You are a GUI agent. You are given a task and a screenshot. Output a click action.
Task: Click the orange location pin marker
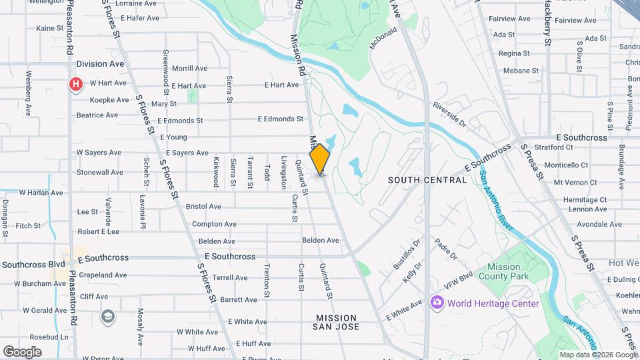[320, 159]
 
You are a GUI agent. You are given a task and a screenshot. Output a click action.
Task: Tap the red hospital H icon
[77, 84]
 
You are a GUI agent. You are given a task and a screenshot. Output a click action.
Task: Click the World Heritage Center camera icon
[437, 303]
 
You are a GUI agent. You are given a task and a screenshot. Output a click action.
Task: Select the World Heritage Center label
[493, 303]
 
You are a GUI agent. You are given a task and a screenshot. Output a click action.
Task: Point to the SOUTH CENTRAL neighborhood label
[427, 180]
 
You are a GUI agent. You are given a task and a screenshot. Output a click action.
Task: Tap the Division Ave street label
[100, 64]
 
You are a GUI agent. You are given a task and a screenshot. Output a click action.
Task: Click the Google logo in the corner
[22, 352]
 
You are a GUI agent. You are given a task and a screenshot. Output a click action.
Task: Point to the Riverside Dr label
[449, 114]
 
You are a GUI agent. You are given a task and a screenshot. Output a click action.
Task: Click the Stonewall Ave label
[100, 172]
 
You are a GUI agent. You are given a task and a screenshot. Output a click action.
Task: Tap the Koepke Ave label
[109, 100]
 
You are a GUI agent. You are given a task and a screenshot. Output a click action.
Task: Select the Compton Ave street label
[214, 224]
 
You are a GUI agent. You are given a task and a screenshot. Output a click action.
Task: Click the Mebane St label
[521, 71]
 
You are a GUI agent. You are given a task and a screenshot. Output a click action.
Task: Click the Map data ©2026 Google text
[598, 355]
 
